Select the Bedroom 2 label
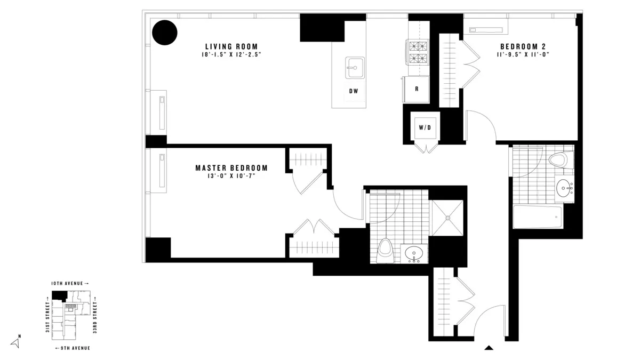pyautogui.click(x=515, y=46)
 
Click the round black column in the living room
pyautogui.click(x=164, y=33)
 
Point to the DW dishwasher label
pyautogui.click(x=353, y=91)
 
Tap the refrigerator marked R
pyautogui.click(x=417, y=89)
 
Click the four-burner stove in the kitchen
pyautogui.click(x=418, y=52)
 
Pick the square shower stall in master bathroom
pyautogui.click(x=447, y=218)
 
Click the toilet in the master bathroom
pyautogui.click(x=385, y=251)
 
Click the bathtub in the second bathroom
pyautogui.click(x=538, y=217)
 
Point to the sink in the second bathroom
pyautogui.click(x=564, y=187)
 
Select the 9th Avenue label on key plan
pyautogui.click(x=73, y=348)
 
